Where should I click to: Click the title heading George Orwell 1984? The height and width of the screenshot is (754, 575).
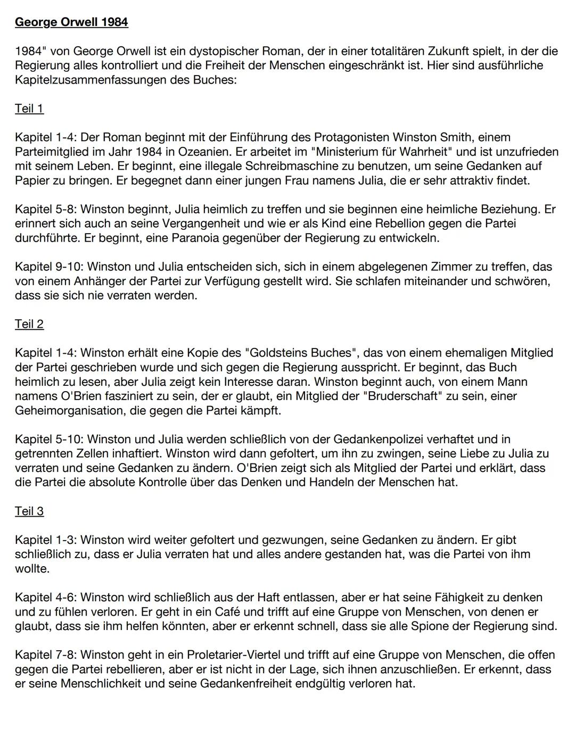(71, 22)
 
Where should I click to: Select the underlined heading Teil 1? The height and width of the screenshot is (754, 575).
(29, 109)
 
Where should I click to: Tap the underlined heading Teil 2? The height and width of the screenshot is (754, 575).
(29, 324)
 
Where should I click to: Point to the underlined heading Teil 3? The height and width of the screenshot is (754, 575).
(29, 511)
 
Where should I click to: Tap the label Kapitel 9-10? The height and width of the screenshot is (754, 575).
(46, 267)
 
